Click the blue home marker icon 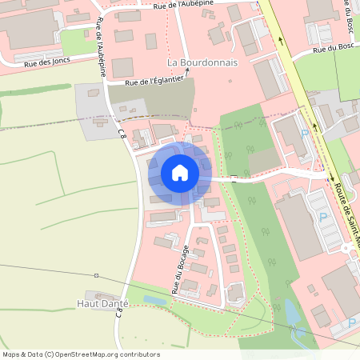click(x=180, y=173)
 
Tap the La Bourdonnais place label click(x=202, y=62)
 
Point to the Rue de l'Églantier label click(x=156, y=80)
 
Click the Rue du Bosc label click(x=332, y=49)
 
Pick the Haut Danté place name click(x=103, y=304)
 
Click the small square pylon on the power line click(x=95, y=275)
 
